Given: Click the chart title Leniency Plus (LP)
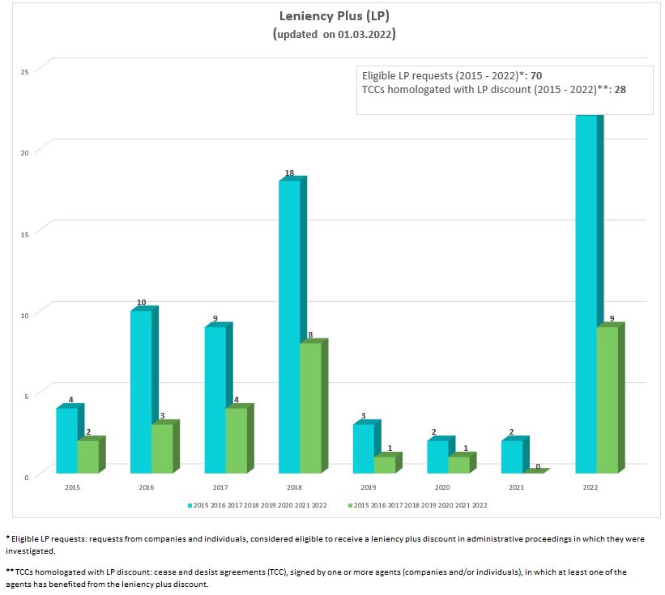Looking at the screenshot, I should (x=332, y=16).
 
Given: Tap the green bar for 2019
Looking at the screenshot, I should (x=385, y=465).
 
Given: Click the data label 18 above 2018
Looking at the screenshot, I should (x=289, y=173).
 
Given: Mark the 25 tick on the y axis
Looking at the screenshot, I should (x=25, y=72).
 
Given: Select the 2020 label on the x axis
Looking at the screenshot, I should (x=442, y=488).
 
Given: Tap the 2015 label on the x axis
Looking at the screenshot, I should (x=73, y=488).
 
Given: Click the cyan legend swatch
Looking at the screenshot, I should (x=190, y=505).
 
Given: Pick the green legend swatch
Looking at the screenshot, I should (x=350, y=505).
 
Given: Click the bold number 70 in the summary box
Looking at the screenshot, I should (x=536, y=76).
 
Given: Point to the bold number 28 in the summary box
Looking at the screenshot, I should (x=620, y=89).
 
